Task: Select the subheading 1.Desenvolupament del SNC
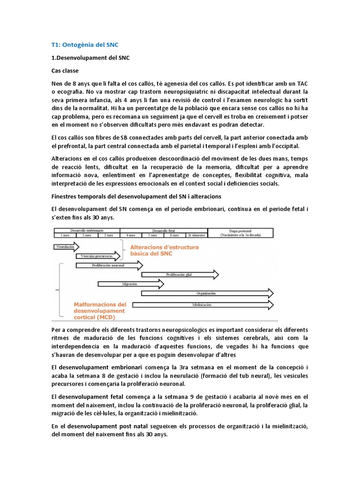pyautogui.click(x=90, y=58)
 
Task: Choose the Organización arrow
pyautogui.click(x=206, y=293)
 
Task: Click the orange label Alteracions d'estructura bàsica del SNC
pyautogui.click(x=157, y=250)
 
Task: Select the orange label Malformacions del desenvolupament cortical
pyautogui.click(x=99, y=310)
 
